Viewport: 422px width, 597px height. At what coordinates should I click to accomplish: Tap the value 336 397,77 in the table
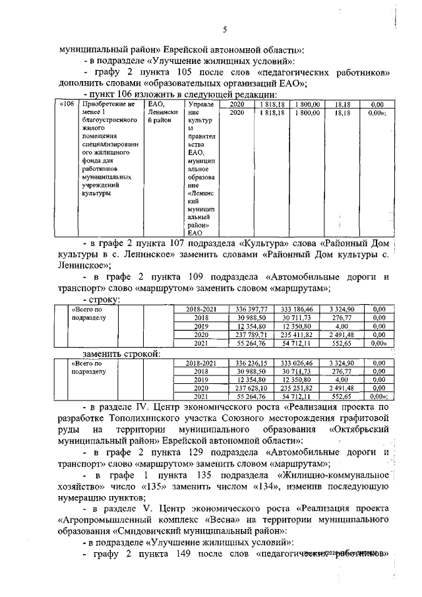point(251,309)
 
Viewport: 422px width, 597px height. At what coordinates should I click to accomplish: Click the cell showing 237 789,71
point(251,334)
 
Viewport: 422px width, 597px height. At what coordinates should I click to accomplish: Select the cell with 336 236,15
point(251,363)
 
